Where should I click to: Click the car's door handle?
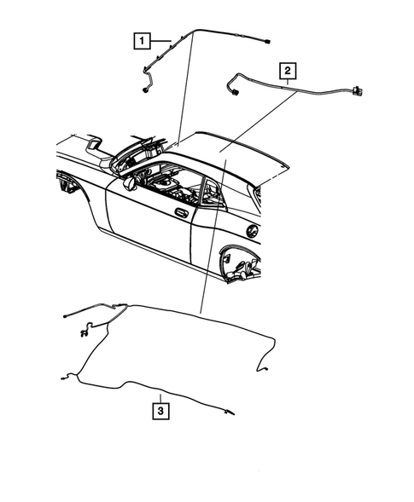181,211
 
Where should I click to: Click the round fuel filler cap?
252,231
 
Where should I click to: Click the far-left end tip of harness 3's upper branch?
65,316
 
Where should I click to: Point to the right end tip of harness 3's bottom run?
229,413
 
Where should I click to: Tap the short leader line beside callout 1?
160,40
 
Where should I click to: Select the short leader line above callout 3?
160,393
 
